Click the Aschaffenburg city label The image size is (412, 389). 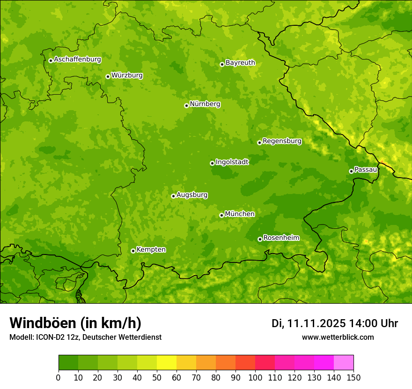tap(77, 60)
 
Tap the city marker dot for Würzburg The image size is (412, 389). tap(108, 76)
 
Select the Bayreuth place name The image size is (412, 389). tap(240, 63)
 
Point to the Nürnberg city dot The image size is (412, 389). tap(186, 105)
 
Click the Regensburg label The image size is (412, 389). tap(282, 141)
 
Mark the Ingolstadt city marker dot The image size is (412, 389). tap(212, 163)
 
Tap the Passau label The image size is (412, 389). tap(366, 170)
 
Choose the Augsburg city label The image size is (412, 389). tap(192, 195)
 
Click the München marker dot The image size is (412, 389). tap(221, 215)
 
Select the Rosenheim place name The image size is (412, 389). tap(281, 238)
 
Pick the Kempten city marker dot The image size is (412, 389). tap(133, 251)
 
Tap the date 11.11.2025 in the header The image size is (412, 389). tap(316, 323)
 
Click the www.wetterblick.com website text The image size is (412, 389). tap(338, 337)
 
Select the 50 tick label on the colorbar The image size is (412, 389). tap(157, 377)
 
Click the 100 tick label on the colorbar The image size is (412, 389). tap(255, 377)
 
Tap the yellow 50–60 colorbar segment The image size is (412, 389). tap(167, 363)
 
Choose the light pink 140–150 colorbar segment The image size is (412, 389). tap(344, 363)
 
